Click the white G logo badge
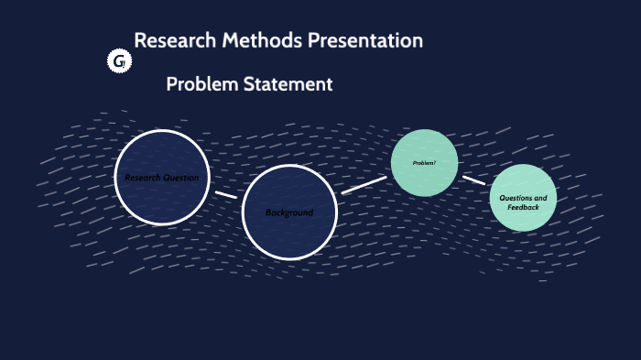pyautogui.click(x=119, y=61)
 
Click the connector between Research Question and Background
pyautogui.click(x=225, y=194)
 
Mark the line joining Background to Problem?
pyautogui.click(x=364, y=184)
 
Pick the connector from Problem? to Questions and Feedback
pyautogui.click(x=473, y=180)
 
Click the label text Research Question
pyautogui.click(x=162, y=178)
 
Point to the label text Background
pyautogui.click(x=289, y=213)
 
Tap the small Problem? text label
pyautogui.click(x=424, y=163)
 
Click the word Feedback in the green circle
pyautogui.click(x=524, y=208)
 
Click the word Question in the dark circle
pyautogui.click(x=181, y=178)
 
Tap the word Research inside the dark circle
pyautogui.click(x=144, y=178)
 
